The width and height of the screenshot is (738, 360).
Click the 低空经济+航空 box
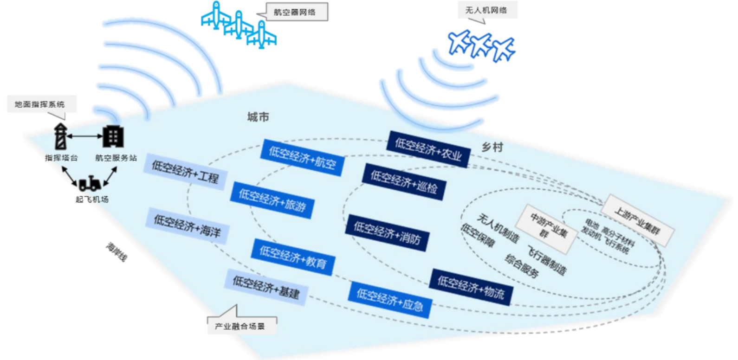click(x=303, y=158)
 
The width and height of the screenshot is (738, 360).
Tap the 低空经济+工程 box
click(x=185, y=172)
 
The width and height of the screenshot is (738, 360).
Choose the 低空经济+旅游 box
click(x=272, y=200)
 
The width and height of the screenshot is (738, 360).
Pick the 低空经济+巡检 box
click(x=404, y=182)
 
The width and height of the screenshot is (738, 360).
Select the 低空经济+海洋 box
click(x=187, y=226)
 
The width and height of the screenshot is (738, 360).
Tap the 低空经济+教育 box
click(x=293, y=257)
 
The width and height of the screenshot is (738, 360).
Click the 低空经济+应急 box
click(x=390, y=300)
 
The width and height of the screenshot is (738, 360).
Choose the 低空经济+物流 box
click(x=471, y=287)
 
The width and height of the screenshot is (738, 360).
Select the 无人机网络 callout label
click(x=486, y=10)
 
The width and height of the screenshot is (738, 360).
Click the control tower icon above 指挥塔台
click(x=60, y=137)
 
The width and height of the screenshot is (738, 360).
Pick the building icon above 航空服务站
click(x=113, y=136)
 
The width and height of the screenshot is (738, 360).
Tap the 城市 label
click(x=258, y=117)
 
